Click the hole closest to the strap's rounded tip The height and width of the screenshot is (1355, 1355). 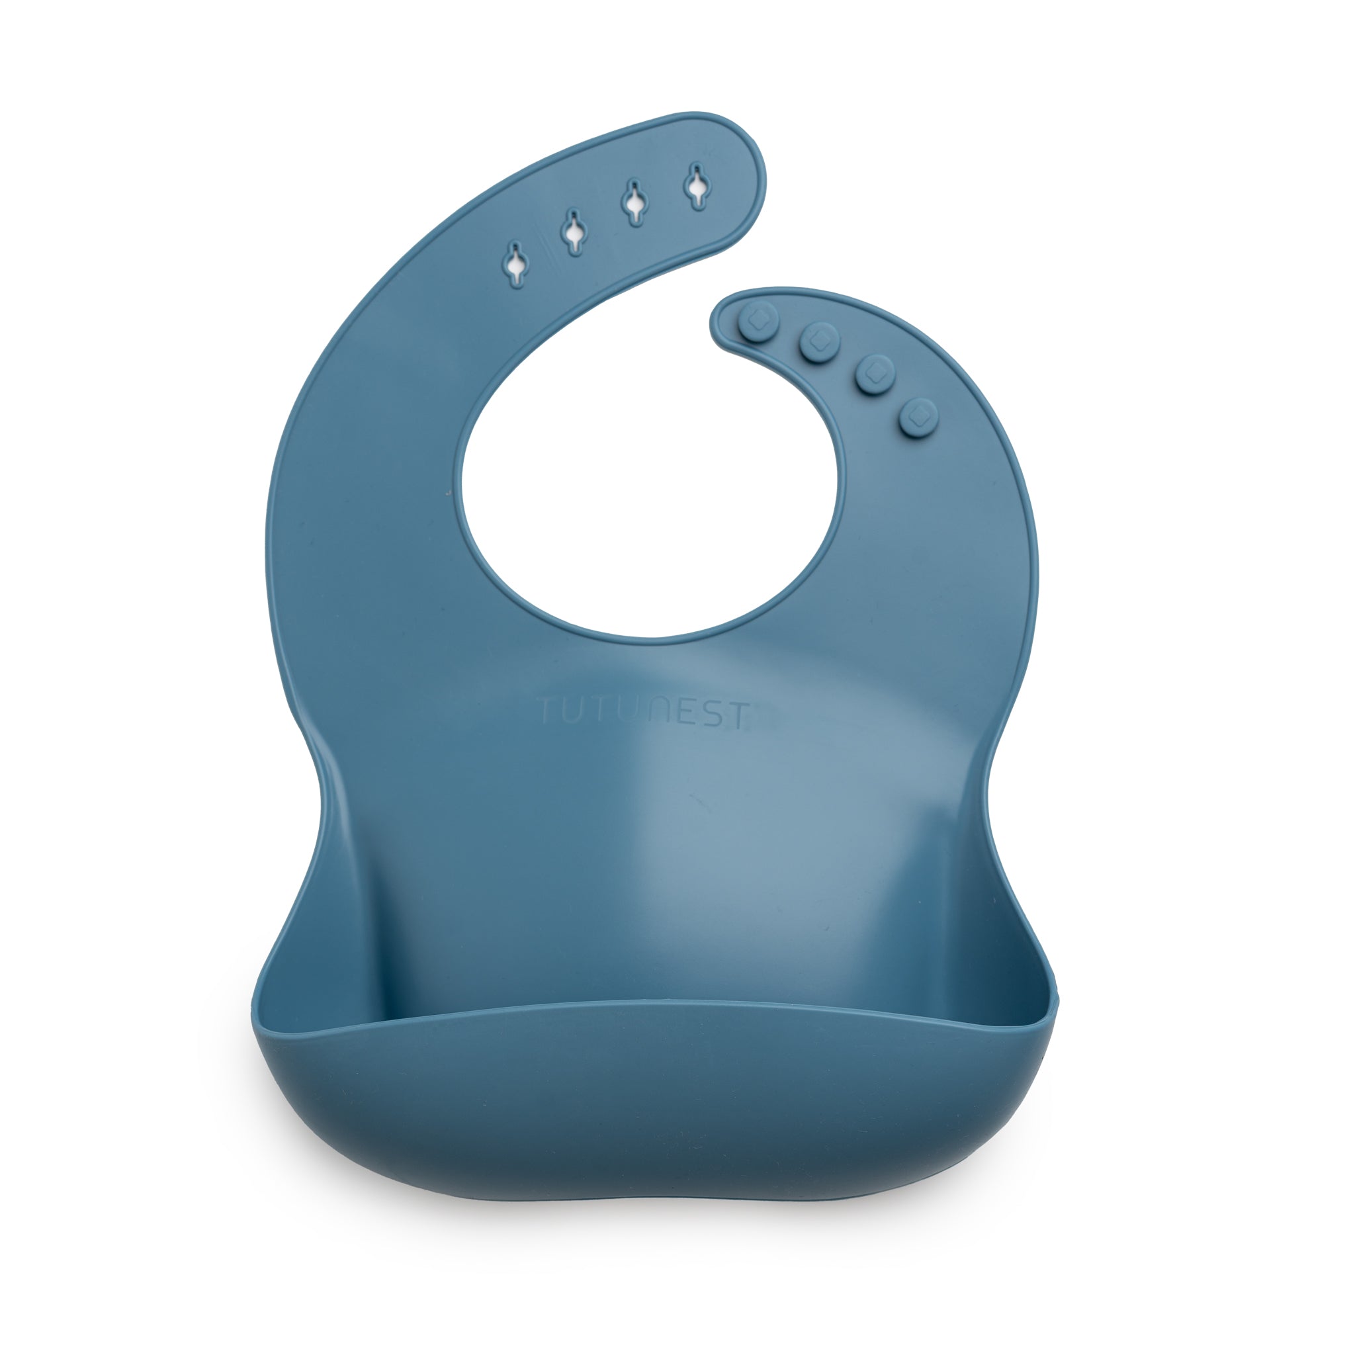coord(697,186)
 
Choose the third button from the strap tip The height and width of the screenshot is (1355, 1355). coord(874,372)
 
